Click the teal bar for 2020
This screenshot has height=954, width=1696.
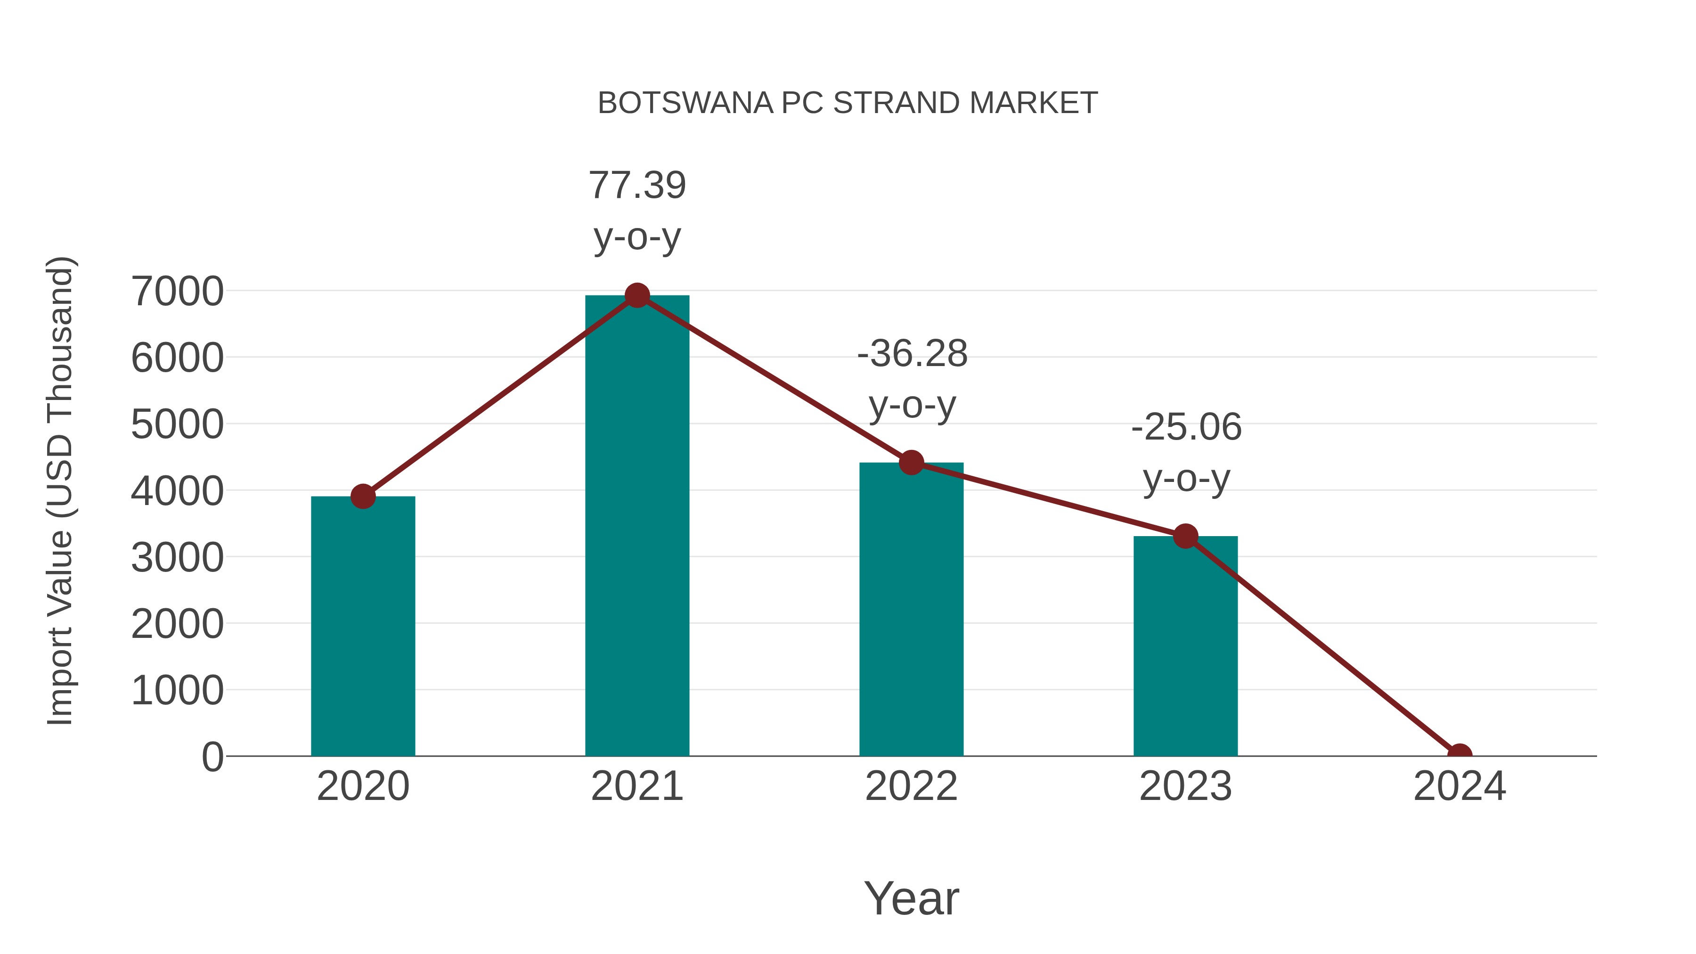click(x=363, y=626)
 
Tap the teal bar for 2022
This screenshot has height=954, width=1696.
click(x=911, y=609)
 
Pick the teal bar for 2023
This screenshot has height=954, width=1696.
click(x=1185, y=645)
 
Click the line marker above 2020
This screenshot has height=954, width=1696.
click(x=363, y=497)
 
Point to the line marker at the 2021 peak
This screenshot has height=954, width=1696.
click(x=636, y=295)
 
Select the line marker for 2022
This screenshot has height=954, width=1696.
click(x=911, y=463)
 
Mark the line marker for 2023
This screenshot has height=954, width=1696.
click(x=1185, y=537)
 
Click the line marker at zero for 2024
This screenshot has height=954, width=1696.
click(x=1459, y=755)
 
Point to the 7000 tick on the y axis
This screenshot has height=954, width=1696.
click(x=177, y=291)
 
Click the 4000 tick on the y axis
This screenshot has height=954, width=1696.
click(x=177, y=491)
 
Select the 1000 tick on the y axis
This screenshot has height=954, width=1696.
click(x=177, y=691)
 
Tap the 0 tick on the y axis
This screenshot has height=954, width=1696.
click(x=212, y=757)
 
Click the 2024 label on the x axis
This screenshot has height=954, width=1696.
click(x=1459, y=786)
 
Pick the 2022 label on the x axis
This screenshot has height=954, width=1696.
click(x=911, y=786)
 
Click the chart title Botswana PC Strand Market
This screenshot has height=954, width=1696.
click(x=848, y=103)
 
